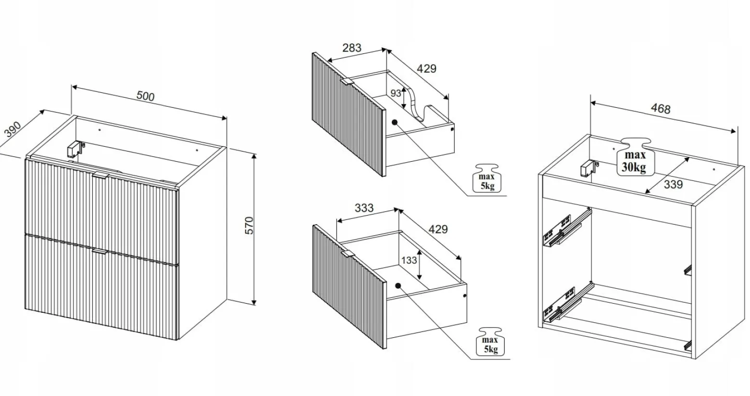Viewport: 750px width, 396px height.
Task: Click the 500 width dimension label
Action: (x=145, y=96)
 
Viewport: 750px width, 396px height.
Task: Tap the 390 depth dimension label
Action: (x=13, y=129)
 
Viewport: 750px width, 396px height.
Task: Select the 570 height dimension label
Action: (x=250, y=226)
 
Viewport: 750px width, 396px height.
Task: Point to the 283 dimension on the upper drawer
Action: (x=351, y=48)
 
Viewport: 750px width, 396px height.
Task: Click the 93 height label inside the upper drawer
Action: (x=396, y=93)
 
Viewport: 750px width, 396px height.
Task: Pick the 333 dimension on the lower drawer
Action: (x=364, y=208)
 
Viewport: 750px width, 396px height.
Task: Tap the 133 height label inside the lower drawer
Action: (x=409, y=260)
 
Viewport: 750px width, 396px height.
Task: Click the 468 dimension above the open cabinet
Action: (x=661, y=109)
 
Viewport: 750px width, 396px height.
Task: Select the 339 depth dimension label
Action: (x=673, y=185)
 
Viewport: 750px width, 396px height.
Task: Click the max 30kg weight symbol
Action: (x=635, y=157)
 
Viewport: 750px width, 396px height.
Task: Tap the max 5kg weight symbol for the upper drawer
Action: (x=487, y=178)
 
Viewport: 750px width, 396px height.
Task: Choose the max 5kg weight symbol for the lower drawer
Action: (x=490, y=342)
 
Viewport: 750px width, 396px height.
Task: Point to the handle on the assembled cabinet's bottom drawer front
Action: (x=100, y=252)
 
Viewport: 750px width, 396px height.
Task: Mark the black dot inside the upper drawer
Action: (x=394, y=122)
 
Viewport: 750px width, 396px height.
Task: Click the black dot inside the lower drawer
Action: (x=398, y=286)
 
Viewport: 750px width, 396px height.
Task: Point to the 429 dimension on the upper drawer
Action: (x=426, y=69)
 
